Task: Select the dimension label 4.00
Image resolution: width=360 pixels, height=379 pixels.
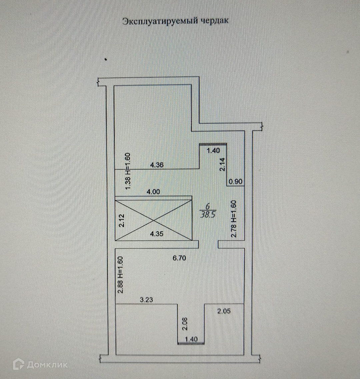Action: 154,192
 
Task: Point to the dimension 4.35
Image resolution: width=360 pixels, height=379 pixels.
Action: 157,234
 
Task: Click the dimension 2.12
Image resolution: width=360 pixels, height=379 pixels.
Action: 122,220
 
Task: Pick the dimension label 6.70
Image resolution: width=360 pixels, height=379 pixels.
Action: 179,257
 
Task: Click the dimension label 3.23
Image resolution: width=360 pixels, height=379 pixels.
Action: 146,300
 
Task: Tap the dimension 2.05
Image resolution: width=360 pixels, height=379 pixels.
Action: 224,312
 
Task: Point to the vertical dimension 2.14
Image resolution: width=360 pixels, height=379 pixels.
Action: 222,164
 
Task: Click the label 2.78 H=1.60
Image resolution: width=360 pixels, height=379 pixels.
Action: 234,219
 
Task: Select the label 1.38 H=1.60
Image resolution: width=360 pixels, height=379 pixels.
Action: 128,171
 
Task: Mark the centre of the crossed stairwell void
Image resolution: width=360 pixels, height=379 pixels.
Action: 153,220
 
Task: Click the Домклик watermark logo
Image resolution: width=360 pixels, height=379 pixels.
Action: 40,364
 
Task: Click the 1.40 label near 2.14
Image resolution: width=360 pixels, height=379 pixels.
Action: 213,150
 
